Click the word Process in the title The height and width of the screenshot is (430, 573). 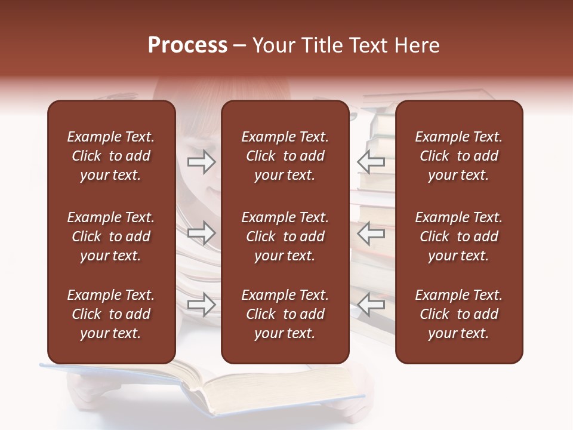[x=187, y=45]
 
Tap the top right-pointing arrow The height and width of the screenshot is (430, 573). [x=201, y=161]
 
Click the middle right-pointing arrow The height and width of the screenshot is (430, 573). [x=201, y=233]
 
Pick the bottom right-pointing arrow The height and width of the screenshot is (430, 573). [x=201, y=305]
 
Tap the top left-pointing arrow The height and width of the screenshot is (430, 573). [x=371, y=161]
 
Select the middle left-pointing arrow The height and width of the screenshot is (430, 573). [x=371, y=233]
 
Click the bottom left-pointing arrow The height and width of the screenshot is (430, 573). [x=371, y=305]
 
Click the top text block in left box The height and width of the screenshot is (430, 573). [x=110, y=156]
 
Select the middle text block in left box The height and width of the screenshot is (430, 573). [x=110, y=236]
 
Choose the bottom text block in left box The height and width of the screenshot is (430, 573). [x=110, y=314]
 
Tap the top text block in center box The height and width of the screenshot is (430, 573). [x=285, y=156]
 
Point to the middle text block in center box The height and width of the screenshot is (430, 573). [x=285, y=236]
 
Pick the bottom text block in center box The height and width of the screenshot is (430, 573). [x=285, y=314]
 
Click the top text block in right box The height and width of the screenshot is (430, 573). [x=458, y=156]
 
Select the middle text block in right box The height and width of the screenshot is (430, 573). [x=458, y=236]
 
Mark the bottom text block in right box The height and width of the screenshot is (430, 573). [x=458, y=314]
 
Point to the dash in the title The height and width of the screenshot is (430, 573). [x=239, y=47]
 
